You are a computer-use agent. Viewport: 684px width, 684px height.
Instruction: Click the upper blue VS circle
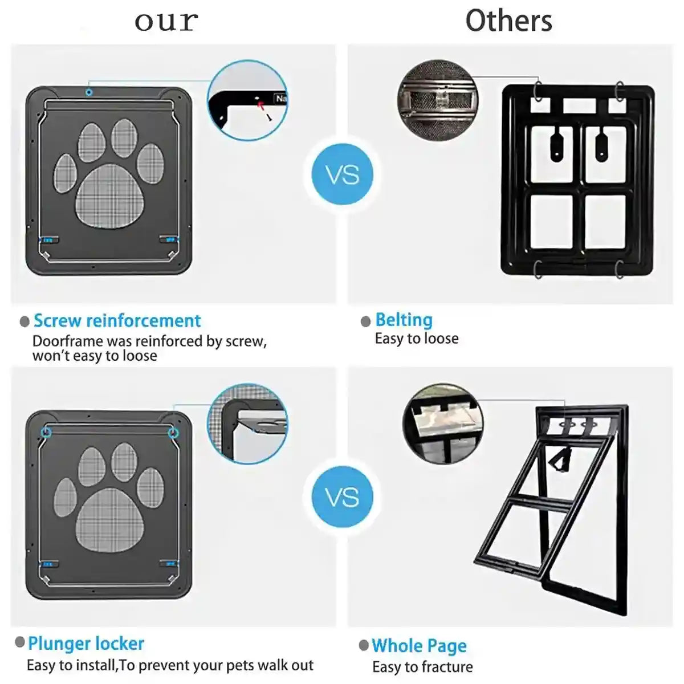pos(343,174)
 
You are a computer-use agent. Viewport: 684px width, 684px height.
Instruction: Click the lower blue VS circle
pos(343,496)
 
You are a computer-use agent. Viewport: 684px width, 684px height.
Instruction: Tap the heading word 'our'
pos(166,22)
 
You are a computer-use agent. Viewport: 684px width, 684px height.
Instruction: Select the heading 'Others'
pos(508,21)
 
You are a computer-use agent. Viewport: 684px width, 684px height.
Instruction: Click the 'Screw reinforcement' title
pos(117,320)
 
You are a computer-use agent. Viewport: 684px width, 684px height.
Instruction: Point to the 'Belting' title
pos(404,320)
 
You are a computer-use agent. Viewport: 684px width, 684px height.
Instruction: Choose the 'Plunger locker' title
pos(86,644)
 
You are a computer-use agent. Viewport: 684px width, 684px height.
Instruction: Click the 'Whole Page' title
pos(419,646)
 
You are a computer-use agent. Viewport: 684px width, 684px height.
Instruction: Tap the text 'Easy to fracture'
pos(422,667)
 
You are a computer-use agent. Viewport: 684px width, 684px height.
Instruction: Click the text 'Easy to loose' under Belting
pos(417,339)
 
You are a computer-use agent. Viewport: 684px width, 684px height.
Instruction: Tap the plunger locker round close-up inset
pos(247,422)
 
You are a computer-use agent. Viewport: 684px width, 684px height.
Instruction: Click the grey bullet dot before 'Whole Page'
pos(364,645)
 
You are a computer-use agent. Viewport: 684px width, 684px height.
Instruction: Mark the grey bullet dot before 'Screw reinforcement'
pos(25,321)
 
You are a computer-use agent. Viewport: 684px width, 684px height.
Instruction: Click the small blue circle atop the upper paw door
pos(89,92)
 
